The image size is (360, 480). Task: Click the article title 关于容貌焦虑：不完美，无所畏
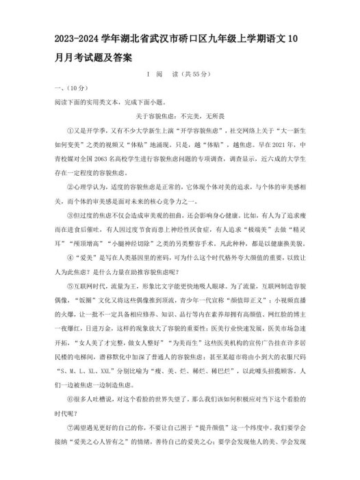point(180,116)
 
